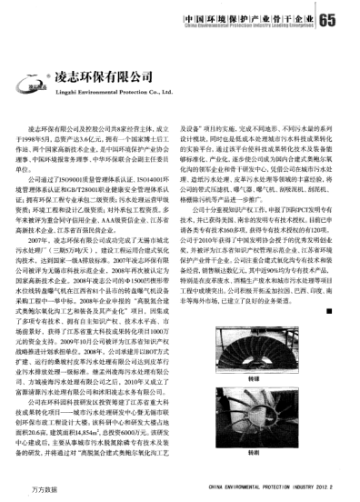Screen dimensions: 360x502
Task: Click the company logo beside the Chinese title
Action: (38, 87)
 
